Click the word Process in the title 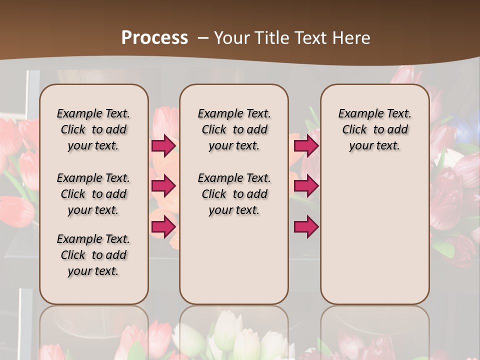pos(154,38)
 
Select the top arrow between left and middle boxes pos(163,145)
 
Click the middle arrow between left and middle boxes pos(163,186)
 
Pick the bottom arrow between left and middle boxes pos(163,226)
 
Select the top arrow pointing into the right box pos(306,145)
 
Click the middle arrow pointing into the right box pos(306,186)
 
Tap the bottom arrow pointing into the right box pos(306,226)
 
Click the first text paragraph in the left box pos(93,129)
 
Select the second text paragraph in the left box pos(93,194)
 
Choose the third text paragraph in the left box pos(93,255)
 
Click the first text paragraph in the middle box pos(234,129)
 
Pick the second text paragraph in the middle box pos(234,194)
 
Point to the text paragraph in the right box pos(375,129)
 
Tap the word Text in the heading pos(310,38)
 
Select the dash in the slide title pos(203,38)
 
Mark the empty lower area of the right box pos(375,235)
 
